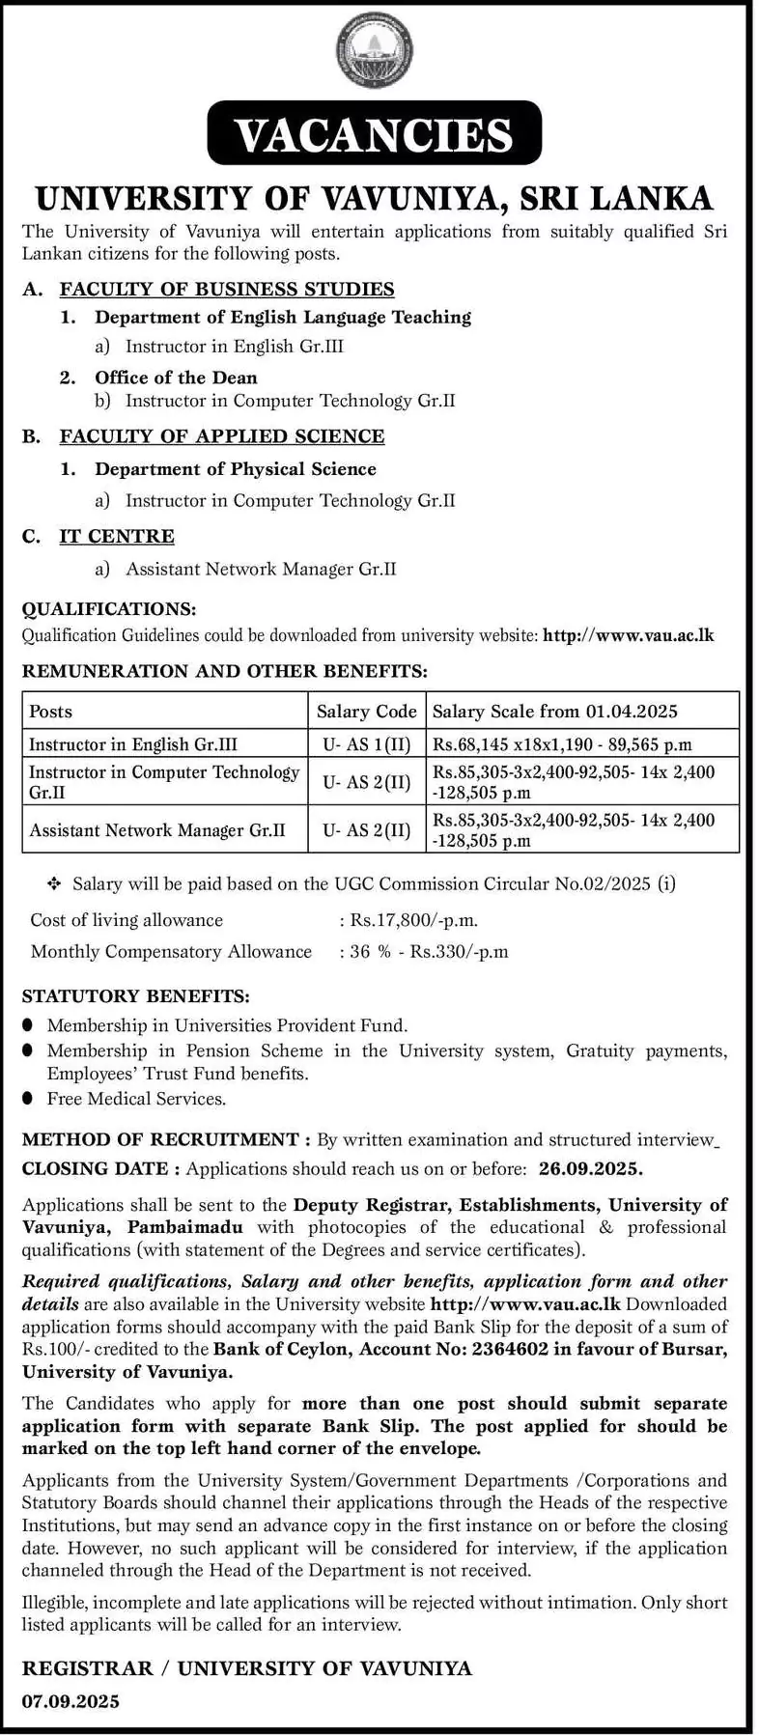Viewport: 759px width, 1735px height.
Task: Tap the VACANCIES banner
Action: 375,133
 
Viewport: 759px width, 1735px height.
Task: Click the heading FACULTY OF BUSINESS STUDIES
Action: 227,289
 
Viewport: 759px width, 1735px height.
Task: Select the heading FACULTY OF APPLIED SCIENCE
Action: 222,436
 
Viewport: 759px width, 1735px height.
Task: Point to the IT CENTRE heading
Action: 117,537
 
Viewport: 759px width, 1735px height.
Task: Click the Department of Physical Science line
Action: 236,469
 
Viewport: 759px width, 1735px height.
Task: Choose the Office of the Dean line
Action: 176,378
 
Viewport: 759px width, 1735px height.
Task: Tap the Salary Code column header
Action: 367,712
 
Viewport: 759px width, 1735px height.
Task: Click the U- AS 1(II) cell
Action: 367,744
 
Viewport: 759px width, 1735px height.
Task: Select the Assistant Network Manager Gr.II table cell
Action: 157,830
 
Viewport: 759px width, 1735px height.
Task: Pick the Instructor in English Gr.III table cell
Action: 133,744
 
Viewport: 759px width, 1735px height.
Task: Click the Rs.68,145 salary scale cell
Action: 563,744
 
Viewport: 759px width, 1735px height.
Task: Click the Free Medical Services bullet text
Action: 137,1099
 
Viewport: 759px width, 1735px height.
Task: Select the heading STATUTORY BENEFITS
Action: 135,995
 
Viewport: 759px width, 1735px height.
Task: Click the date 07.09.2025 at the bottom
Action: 70,1701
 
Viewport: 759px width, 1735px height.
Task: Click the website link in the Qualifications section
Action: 629,635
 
